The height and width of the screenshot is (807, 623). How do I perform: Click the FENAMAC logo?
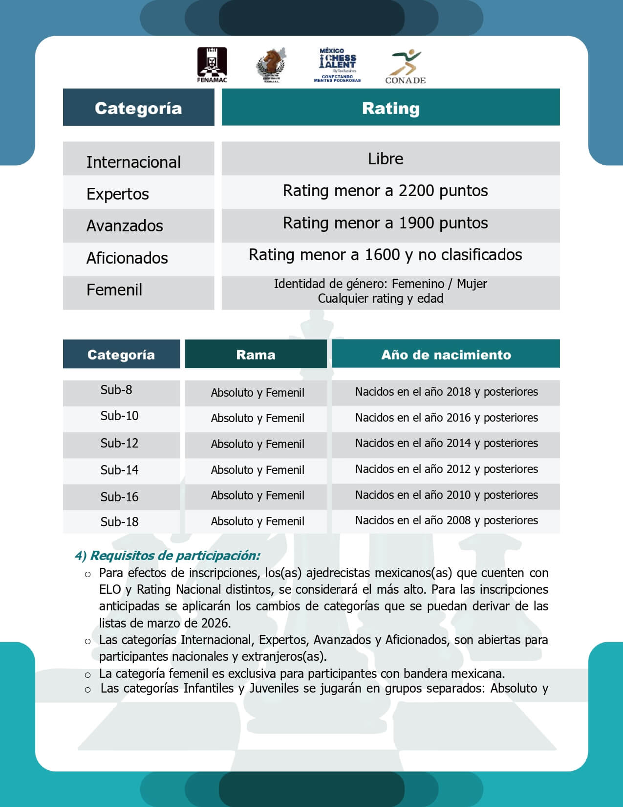tap(212, 65)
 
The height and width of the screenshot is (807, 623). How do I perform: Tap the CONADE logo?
tap(405, 67)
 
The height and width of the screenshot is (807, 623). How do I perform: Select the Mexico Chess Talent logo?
tap(338, 65)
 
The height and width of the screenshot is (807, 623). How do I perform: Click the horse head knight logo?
tap(271, 65)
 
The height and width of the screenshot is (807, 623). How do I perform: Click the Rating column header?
tap(390, 108)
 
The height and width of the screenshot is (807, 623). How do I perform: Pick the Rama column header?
tap(256, 354)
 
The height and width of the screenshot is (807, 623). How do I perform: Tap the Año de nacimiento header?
tap(446, 354)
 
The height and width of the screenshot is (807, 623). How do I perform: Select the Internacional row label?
tap(133, 162)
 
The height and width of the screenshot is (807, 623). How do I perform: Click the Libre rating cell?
tap(386, 158)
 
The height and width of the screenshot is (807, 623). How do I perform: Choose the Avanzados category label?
tap(125, 225)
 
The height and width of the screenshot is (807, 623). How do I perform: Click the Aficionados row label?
tap(127, 258)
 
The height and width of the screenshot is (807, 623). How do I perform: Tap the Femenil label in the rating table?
tap(114, 290)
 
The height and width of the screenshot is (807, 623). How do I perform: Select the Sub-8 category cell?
tap(116, 390)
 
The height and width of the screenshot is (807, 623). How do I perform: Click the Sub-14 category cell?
tap(119, 470)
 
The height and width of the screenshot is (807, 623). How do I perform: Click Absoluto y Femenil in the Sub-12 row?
tap(258, 444)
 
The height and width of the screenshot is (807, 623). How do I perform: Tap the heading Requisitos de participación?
tap(168, 556)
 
